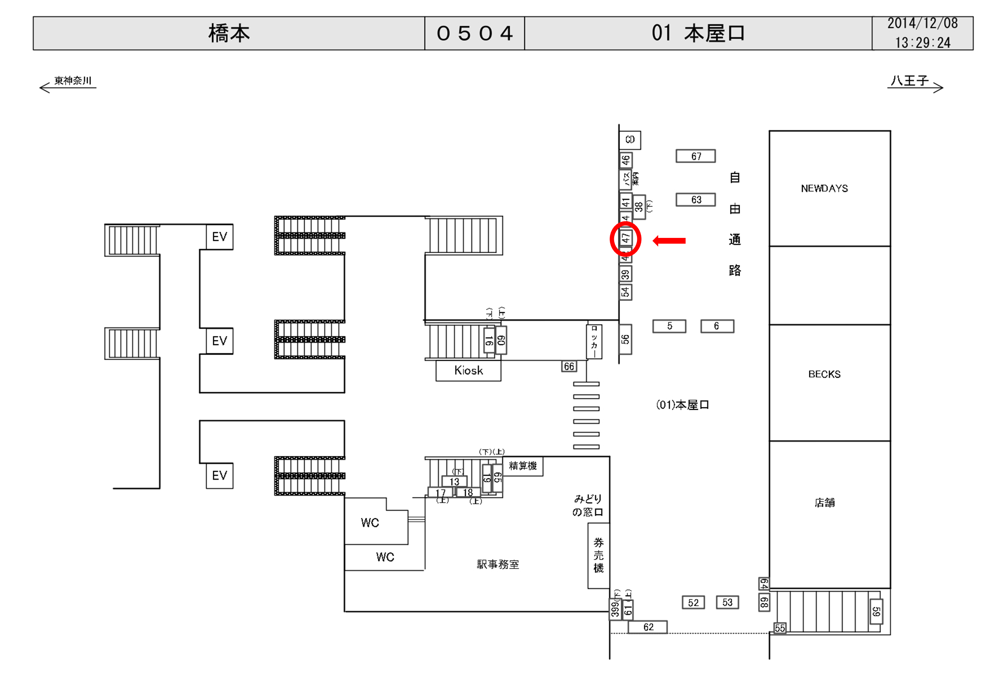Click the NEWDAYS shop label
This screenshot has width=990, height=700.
[x=824, y=189]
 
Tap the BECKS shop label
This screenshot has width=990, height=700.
[x=824, y=374]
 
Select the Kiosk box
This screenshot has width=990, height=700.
[x=468, y=371]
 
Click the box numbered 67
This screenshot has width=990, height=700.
[x=695, y=156]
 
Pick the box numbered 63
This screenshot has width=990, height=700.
[x=695, y=200]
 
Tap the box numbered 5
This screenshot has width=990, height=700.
[x=669, y=326]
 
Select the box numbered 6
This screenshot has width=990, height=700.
[x=717, y=326]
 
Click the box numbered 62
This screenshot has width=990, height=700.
[x=648, y=627]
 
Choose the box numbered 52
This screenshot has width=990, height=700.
[x=693, y=603]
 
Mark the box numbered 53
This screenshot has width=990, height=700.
[x=727, y=603]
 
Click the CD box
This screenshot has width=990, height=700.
[x=630, y=139]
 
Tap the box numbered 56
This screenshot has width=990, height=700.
[x=625, y=340]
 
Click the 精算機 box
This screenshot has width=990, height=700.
[x=523, y=466]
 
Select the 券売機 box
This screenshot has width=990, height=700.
[x=598, y=555]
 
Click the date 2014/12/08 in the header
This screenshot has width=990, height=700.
[x=922, y=23]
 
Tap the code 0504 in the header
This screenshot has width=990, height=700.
[x=474, y=34]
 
